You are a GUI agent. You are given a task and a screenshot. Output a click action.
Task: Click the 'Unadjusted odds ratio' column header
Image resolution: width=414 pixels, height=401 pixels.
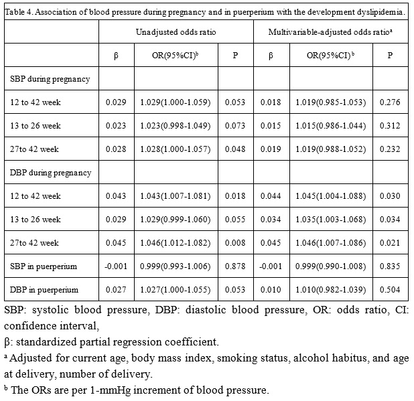click(x=176, y=32)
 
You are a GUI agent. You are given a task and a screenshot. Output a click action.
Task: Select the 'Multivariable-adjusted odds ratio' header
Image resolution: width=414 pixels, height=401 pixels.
click(x=330, y=32)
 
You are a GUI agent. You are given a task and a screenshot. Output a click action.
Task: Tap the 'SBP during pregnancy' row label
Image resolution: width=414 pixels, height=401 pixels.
click(x=50, y=79)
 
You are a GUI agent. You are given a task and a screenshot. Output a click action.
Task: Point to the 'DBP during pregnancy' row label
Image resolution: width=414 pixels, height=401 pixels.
click(x=50, y=173)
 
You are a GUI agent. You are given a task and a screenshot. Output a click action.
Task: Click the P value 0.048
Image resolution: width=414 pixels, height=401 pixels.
click(x=235, y=149)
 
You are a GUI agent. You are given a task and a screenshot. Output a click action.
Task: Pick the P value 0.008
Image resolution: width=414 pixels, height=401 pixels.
click(x=235, y=243)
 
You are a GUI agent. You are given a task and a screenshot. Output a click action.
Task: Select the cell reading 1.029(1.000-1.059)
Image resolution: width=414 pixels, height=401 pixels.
click(x=176, y=102)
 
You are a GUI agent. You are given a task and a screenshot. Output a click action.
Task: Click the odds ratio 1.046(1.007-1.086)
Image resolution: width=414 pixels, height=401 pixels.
click(x=330, y=243)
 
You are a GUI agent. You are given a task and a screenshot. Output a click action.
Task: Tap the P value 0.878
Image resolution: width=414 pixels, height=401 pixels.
click(x=235, y=266)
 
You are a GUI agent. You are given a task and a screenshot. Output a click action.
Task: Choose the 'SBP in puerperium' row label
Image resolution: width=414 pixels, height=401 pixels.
click(x=44, y=266)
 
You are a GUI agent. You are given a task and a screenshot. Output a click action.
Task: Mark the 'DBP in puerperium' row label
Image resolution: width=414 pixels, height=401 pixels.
click(x=44, y=290)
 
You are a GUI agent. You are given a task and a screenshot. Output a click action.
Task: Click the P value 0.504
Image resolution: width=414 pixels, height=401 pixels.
click(x=390, y=290)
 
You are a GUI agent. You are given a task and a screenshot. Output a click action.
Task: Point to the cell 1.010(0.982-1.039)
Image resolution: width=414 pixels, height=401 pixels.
click(x=330, y=290)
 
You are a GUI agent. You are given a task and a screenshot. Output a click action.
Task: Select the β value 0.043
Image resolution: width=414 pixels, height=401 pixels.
click(x=116, y=196)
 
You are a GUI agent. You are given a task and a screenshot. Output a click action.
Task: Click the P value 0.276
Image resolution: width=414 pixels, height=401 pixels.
click(x=390, y=102)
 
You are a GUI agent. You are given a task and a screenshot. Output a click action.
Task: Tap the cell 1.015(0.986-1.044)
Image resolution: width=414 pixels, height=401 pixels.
click(x=330, y=126)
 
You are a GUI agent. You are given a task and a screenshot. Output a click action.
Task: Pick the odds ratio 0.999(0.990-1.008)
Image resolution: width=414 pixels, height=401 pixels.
click(x=330, y=266)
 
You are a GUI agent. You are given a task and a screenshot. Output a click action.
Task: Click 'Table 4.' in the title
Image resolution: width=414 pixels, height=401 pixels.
click(x=19, y=12)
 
